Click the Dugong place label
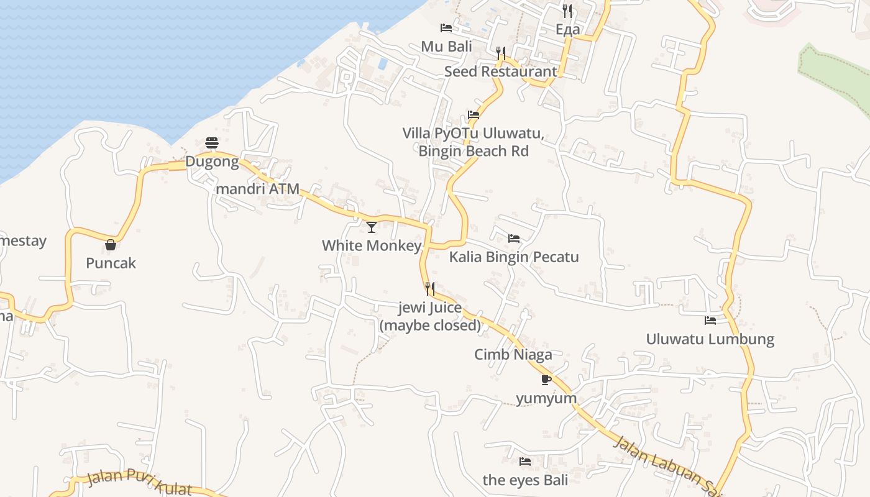point(212,162)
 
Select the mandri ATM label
point(257,189)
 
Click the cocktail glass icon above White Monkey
point(372,227)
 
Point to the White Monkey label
point(372,246)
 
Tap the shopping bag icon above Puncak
point(111,245)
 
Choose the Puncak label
point(111,263)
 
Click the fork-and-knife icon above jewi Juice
point(429,288)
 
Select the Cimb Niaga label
point(513,355)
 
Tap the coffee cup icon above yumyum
point(546,380)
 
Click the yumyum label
point(546,398)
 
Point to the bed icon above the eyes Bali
point(525,462)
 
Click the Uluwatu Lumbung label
point(710,339)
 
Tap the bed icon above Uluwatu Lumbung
point(710,321)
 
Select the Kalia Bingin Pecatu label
point(514,257)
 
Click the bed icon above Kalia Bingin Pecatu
point(514,239)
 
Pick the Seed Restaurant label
point(501,71)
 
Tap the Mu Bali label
point(446,47)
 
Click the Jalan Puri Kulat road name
point(139,481)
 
